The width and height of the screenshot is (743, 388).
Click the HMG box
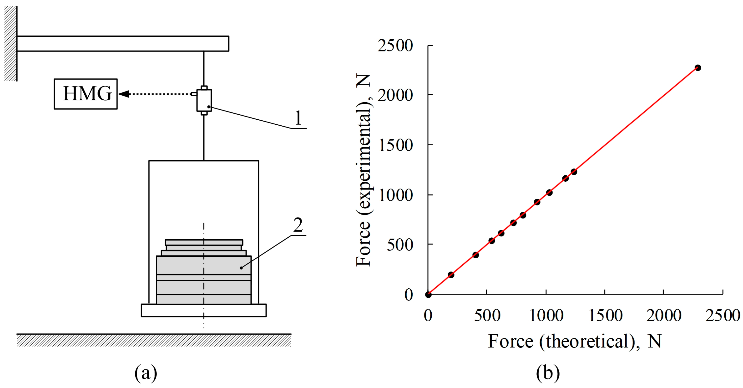tap(86, 94)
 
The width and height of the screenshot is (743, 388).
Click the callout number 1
tap(298, 118)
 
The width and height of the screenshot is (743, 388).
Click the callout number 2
tap(298, 225)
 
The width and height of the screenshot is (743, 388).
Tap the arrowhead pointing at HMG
tap(123, 94)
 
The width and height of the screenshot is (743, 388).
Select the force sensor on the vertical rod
tap(204, 100)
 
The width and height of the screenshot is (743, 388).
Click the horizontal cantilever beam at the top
tap(123, 44)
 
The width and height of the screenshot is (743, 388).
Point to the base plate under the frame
tap(204, 310)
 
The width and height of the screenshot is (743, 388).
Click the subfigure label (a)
tap(146, 373)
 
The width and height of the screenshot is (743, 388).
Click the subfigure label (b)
tap(548, 373)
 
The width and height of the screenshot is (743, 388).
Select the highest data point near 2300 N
tap(698, 68)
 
